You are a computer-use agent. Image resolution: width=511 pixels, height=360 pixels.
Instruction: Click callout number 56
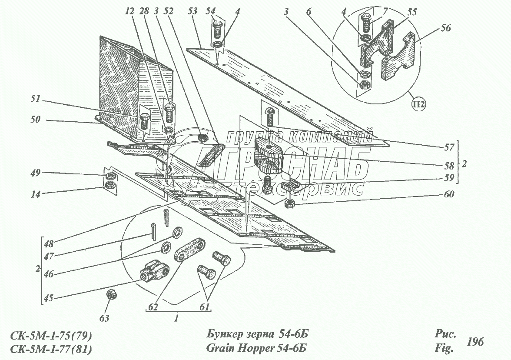coord(445,28)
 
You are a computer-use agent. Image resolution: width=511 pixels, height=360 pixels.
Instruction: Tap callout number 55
coord(411,13)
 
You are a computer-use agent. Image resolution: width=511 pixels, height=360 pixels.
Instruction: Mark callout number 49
coord(35,173)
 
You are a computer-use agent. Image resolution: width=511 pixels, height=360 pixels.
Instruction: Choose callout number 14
coord(35,195)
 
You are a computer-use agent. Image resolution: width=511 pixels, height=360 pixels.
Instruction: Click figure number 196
coord(474,342)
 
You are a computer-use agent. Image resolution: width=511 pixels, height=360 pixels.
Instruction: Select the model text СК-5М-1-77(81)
coord(51,349)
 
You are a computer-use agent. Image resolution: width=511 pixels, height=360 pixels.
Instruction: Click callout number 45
coord(49,298)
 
